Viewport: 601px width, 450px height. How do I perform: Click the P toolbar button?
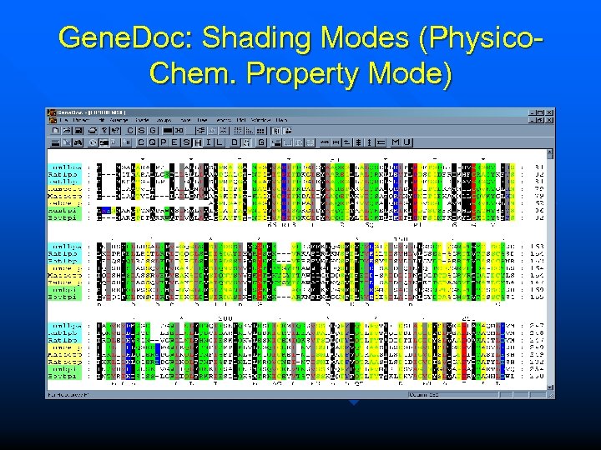click(164, 142)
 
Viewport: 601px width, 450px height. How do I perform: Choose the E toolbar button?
click(174, 142)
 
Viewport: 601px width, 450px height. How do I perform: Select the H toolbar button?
click(199, 142)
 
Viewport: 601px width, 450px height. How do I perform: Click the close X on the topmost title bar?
click(549, 112)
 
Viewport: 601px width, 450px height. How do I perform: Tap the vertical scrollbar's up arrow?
click(550, 154)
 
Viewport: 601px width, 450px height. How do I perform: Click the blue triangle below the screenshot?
click(354, 402)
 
